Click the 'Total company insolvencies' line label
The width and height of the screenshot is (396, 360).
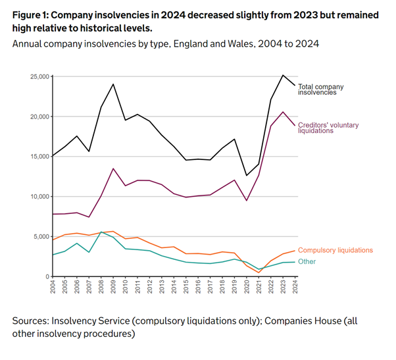pyautogui.click(x=321, y=89)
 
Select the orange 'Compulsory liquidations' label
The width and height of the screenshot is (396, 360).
pyautogui.click(x=335, y=250)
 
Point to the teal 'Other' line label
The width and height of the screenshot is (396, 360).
pyautogui.click(x=307, y=261)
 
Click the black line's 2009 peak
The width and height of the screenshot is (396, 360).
pyautogui.click(x=114, y=84)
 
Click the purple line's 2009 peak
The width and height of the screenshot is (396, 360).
pyautogui.click(x=114, y=168)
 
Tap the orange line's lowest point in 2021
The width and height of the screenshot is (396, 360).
pyautogui.click(x=258, y=272)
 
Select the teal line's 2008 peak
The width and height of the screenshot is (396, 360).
pyautogui.click(x=101, y=232)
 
